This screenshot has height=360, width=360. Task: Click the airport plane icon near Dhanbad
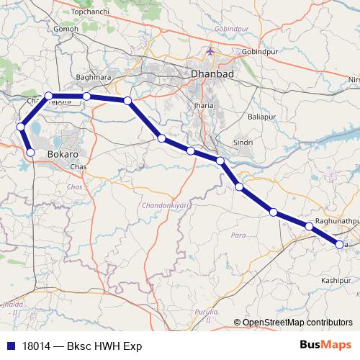pyautogui.click(x=210, y=52)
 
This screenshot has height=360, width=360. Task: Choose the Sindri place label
pyautogui.click(x=243, y=143)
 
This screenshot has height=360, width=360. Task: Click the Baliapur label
pyautogui.click(x=261, y=116)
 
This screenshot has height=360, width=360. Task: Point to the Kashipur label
pyautogui.click(x=336, y=279)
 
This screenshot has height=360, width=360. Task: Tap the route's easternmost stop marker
pyautogui.click(x=340, y=246)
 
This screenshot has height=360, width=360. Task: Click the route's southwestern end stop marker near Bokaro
pyautogui.click(x=30, y=152)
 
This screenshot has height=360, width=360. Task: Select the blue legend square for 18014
pyautogui.click(x=8, y=346)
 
